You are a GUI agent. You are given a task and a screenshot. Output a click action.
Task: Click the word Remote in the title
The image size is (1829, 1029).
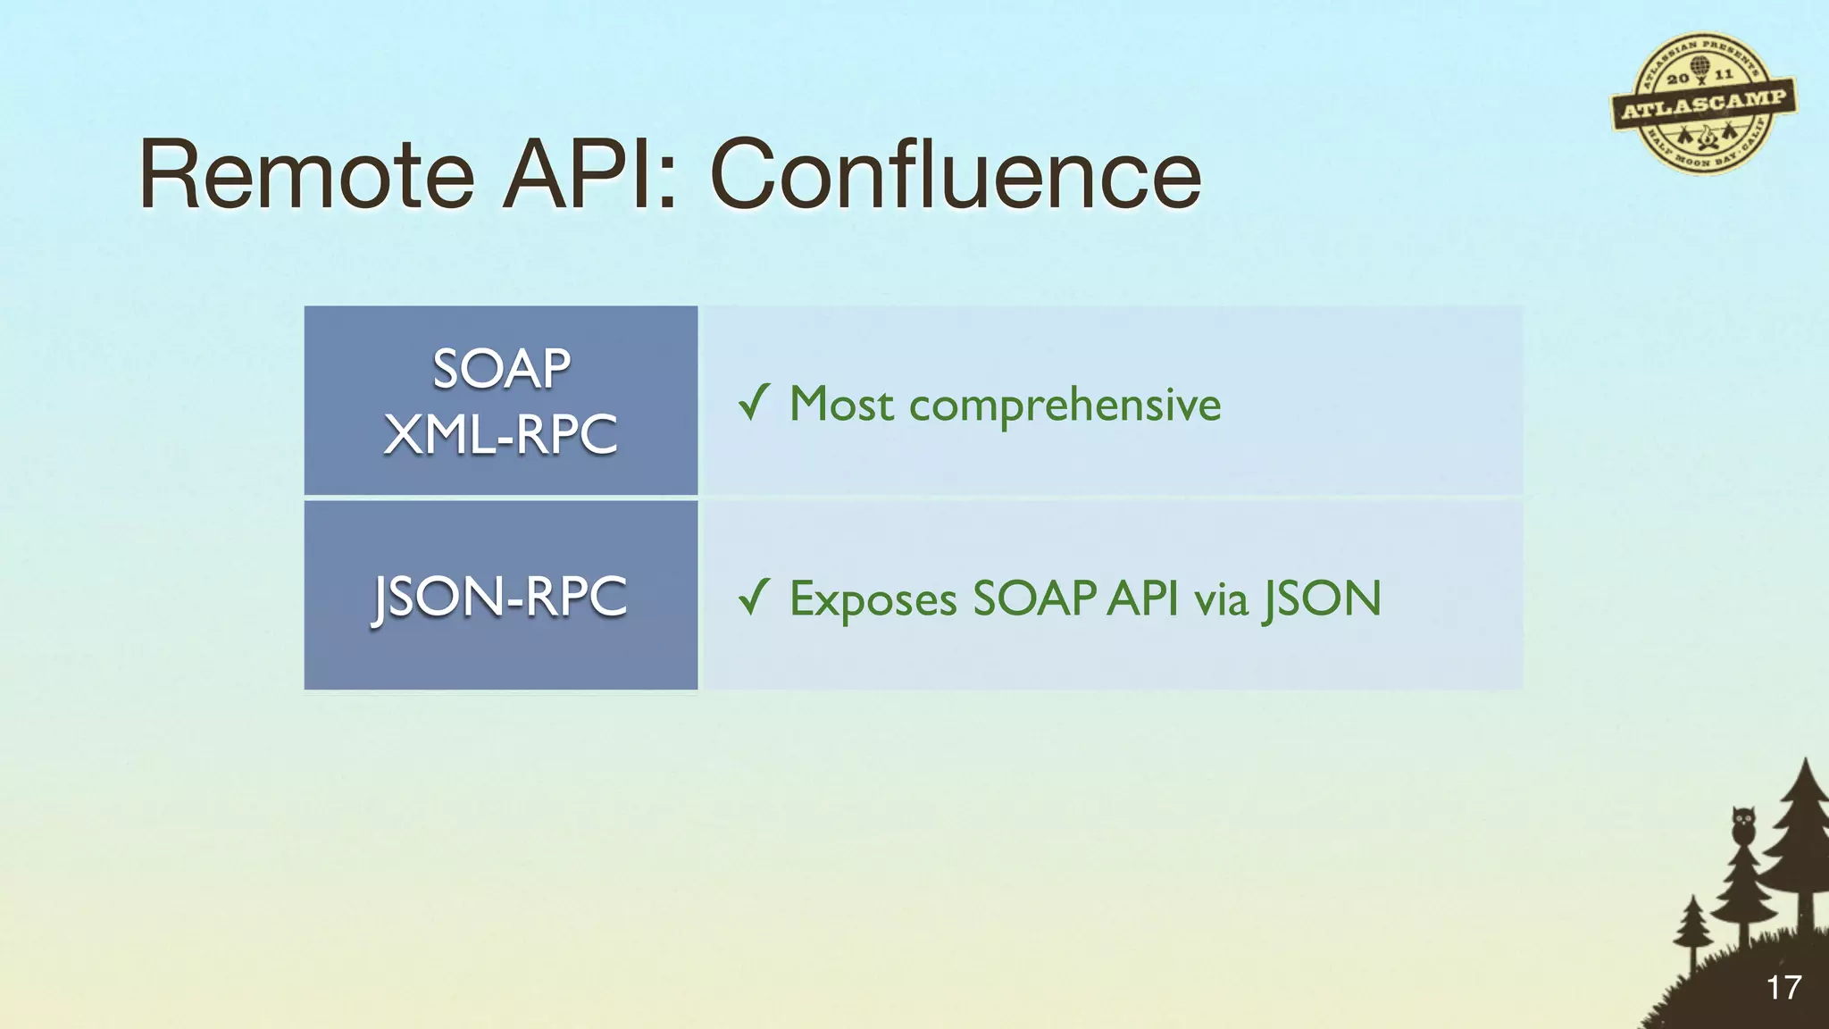point(306,175)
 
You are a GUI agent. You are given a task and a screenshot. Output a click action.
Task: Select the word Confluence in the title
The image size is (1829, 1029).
point(955,175)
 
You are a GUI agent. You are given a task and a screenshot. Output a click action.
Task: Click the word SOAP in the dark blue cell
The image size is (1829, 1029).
point(501,368)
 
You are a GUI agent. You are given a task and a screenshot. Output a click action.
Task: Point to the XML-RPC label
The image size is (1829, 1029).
point(501,435)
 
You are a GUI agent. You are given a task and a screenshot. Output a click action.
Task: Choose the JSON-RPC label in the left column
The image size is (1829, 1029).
point(501,597)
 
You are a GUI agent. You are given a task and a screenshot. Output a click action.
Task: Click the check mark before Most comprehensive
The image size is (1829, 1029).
point(754,403)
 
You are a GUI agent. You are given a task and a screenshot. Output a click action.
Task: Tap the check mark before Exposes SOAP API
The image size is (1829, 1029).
point(754,598)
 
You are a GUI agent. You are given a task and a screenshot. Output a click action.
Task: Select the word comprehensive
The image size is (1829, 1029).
point(1065,406)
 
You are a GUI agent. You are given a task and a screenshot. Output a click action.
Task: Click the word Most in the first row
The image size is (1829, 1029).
point(841,404)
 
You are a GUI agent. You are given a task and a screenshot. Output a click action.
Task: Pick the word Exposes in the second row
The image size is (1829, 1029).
point(873,599)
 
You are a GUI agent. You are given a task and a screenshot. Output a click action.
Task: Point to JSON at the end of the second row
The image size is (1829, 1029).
point(1323,598)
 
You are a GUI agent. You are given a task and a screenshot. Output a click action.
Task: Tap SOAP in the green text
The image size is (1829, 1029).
point(1034,598)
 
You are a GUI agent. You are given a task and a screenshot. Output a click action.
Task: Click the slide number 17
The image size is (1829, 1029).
point(1783,988)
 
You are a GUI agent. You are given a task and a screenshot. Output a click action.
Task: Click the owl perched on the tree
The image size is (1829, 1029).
point(1743,824)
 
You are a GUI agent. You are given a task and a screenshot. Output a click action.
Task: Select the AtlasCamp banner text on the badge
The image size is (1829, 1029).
point(1704,105)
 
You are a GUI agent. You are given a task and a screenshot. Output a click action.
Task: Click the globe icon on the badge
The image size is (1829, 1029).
point(1700,66)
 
